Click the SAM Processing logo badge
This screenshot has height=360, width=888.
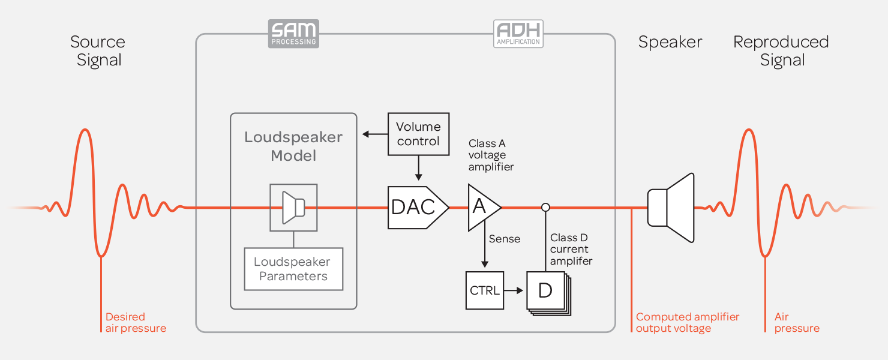293,34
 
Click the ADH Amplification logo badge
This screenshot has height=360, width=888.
518,34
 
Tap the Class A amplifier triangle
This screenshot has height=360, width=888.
481,207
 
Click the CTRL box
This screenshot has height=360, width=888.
485,290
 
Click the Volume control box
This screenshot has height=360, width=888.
418,134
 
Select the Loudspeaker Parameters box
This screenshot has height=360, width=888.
293,269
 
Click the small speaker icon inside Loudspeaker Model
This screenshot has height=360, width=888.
293,207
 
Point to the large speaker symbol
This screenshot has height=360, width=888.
671,208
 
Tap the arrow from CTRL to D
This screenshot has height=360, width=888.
515,290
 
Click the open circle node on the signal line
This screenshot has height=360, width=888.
545,208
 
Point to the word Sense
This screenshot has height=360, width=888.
505,239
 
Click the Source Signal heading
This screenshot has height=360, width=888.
98,51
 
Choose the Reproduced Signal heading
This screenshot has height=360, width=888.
781,51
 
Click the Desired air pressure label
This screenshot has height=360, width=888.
136,322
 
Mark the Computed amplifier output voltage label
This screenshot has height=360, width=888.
688,322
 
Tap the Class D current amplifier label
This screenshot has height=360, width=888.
571,249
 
